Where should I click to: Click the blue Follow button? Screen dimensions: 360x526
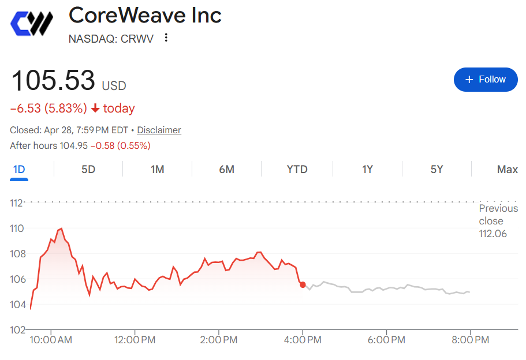coord(486,80)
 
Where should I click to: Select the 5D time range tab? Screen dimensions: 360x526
coord(88,169)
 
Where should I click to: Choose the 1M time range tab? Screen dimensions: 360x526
coord(157,169)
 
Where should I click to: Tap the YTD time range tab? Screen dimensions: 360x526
coord(297,169)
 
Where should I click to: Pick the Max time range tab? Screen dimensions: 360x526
coord(507,169)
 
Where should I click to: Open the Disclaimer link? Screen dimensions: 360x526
coord(159,130)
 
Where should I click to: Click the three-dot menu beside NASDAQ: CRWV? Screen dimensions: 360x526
coord(166,37)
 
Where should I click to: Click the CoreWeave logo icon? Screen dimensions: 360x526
coord(32,23)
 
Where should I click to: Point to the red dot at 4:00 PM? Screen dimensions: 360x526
coord(303,284)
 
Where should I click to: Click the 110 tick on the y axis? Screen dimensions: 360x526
coord(17,228)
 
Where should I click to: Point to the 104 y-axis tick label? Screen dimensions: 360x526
coord(17,305)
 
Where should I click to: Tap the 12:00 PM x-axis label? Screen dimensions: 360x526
coord(135,340)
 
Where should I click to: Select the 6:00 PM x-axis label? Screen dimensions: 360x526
coord(386,340)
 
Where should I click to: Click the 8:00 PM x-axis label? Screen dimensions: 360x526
coord(470,340)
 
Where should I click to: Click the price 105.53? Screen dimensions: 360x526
coord(53,80)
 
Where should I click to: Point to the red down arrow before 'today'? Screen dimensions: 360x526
coord(95,108)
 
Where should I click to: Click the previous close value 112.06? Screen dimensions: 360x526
coord(493,234)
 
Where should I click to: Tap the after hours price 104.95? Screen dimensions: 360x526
coord(73,145)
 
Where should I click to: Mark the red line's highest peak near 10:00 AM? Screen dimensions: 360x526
coord(61,229)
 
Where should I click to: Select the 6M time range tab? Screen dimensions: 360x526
coord(226,169)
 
